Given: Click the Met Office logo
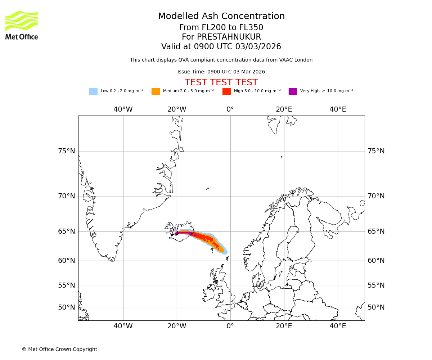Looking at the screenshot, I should tap(22, 25).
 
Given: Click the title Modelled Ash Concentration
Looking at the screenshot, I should tap(221, 17).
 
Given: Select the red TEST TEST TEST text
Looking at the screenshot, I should tap(221, 83).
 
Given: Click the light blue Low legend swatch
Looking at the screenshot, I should tap(93, 91).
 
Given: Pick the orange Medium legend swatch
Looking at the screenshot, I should tap(156, 91).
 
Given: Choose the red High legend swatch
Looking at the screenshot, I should tap(226, 91).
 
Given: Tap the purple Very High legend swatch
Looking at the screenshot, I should tap(293, 91).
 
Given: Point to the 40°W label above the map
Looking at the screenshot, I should tap(123, 109).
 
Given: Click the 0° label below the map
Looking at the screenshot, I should tap(230, 326).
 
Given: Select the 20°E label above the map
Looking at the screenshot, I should tap(284, 109).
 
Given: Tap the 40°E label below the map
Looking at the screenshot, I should tap(338, 326).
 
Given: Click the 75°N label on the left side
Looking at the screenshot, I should tap(67, 151).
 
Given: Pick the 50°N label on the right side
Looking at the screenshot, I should tap(376, 307).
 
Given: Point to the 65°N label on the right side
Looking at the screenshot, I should tap(376, 231).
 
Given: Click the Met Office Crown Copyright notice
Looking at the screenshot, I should tap(59, 350).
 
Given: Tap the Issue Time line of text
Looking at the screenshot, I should tap(221, 72).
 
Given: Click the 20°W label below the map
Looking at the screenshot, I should tap(177, 326).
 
